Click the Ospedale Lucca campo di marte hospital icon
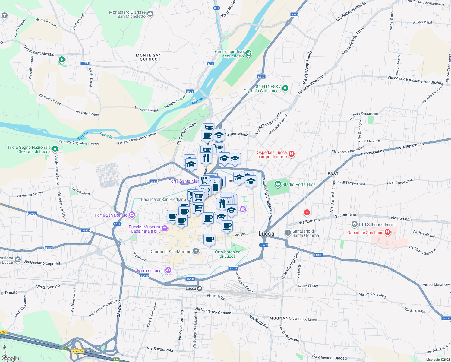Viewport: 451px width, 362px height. (x=292, y=154)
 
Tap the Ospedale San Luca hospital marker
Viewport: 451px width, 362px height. (x=388, y=232)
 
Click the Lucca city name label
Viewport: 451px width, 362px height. (x=266, y=234)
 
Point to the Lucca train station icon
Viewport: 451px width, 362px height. (x=199, y=288)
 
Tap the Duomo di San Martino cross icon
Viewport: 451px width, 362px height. (x=196, y=251)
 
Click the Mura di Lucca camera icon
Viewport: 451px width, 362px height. (x=168, y=270)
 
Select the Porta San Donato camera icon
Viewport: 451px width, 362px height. (x=132, y=215)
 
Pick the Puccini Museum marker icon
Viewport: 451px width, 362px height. (x=165, y=229)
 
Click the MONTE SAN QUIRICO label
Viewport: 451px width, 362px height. (x=149, y=57)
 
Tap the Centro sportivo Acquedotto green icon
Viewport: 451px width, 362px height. (x=248, y=53)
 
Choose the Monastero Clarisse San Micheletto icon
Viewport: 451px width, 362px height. (x=150, y=14)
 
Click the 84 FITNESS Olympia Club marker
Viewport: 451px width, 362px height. (x=285, y=88)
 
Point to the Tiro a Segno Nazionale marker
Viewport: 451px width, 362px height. (x=55, y=149)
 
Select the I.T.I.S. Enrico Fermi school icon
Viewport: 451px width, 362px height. (x=355, y=224)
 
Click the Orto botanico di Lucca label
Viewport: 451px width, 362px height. (x=228, y=254)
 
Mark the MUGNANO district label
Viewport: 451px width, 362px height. (x=280, y=318)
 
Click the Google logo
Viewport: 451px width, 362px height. (x=10, y=358)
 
